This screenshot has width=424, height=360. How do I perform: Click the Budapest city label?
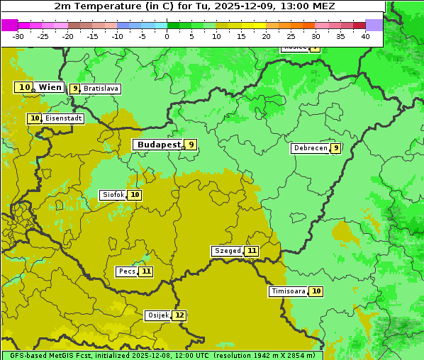click(x=159, y=145)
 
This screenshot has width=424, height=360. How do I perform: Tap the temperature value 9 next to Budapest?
click(x=190, y=145)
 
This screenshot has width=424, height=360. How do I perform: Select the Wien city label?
click(x=50, y=87)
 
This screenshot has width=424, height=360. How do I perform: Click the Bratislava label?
click(x=101, y=89)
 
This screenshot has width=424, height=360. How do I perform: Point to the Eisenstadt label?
click(x=64, y=119)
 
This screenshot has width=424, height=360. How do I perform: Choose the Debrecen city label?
click(x=310, y=148)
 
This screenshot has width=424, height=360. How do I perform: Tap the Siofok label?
click(x=113, y=195)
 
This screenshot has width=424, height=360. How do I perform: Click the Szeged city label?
click(x=228, y=251)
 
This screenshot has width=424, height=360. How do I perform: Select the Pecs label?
click(x=127, y=271)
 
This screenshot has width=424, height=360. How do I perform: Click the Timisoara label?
click(x=288, y=291)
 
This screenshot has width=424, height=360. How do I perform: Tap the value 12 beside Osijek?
click(x=179, y=315)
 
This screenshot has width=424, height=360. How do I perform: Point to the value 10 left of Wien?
click(x=25, y=87)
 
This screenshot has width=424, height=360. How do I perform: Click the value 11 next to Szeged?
click(x=252, y=251)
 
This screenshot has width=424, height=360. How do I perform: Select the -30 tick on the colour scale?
click(x=18, y=36)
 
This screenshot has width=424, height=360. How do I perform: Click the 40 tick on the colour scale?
click(x=365, y=36)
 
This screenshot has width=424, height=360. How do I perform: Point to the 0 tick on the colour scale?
click(x=167, y=36)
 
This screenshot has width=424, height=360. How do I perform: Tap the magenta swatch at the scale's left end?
click(x=9, y=25)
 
